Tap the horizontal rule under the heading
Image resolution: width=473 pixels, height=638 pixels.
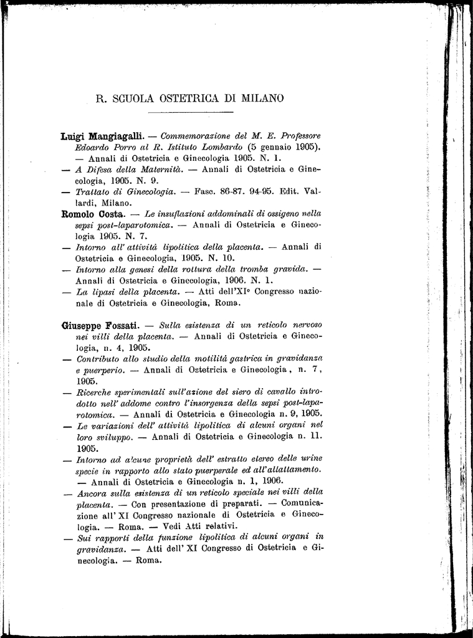pos(190,113)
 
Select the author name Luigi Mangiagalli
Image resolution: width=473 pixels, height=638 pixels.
pos(103,136)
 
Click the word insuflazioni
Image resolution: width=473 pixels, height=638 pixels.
pos(195,214)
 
